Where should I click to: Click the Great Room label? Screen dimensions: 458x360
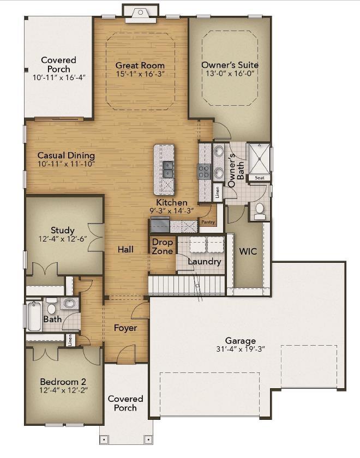tap(140, 65)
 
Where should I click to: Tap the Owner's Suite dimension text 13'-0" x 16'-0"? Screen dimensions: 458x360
tap(230, 73)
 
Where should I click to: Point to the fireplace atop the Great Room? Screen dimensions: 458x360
tap(140, 13)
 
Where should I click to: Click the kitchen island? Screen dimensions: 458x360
tap(164, 170)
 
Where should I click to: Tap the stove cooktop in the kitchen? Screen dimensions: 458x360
tap(204, 172)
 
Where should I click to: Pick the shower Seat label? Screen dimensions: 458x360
tap(259, 178)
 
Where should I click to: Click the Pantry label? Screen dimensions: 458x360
tap(208, 222)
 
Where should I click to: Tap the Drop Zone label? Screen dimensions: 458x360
tap(163, 246)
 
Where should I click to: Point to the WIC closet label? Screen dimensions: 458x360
tap(248, 252)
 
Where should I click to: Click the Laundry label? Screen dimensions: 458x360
tap(205, 262)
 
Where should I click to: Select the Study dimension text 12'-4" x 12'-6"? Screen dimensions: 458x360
tap(63, 239)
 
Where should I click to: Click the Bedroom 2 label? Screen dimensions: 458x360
tap(63, 382)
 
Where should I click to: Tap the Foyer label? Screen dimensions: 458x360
tap(125, 328)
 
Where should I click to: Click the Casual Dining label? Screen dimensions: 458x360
tap(66, 155)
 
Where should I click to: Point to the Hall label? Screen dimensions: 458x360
tap(125, 249)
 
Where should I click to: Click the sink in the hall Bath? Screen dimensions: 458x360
tap(69, 304)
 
